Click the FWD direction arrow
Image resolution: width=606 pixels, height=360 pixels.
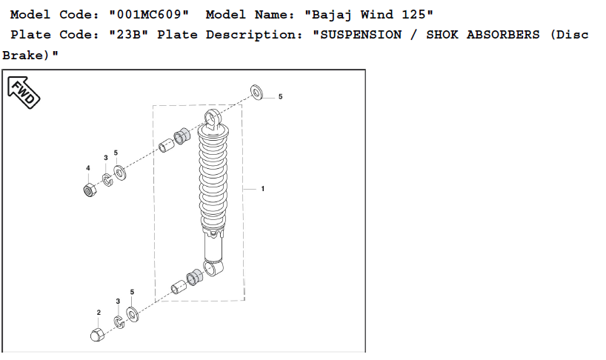click(x=24, y=93)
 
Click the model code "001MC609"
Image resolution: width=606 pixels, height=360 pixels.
click(x=149, y=15)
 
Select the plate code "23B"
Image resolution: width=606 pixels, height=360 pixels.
click(x=128, y=35)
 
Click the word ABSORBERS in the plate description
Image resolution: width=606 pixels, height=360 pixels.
click(x=503, y=35)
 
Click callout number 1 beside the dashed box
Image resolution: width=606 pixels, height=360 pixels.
click(x=263, y=189)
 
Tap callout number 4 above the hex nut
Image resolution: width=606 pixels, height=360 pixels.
click(x=88, y=168)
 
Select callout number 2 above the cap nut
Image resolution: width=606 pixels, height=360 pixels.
click(x=99, y=313)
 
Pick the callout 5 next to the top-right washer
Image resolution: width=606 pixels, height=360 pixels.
click(x=281, y=96)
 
